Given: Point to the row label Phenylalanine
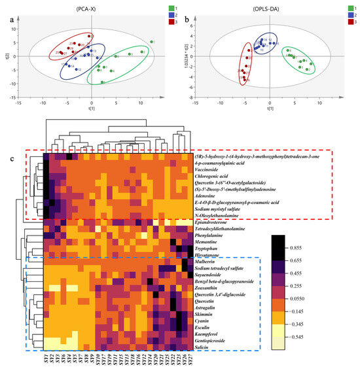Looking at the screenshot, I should [209, 234].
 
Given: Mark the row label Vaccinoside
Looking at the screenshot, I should [209, 169].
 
